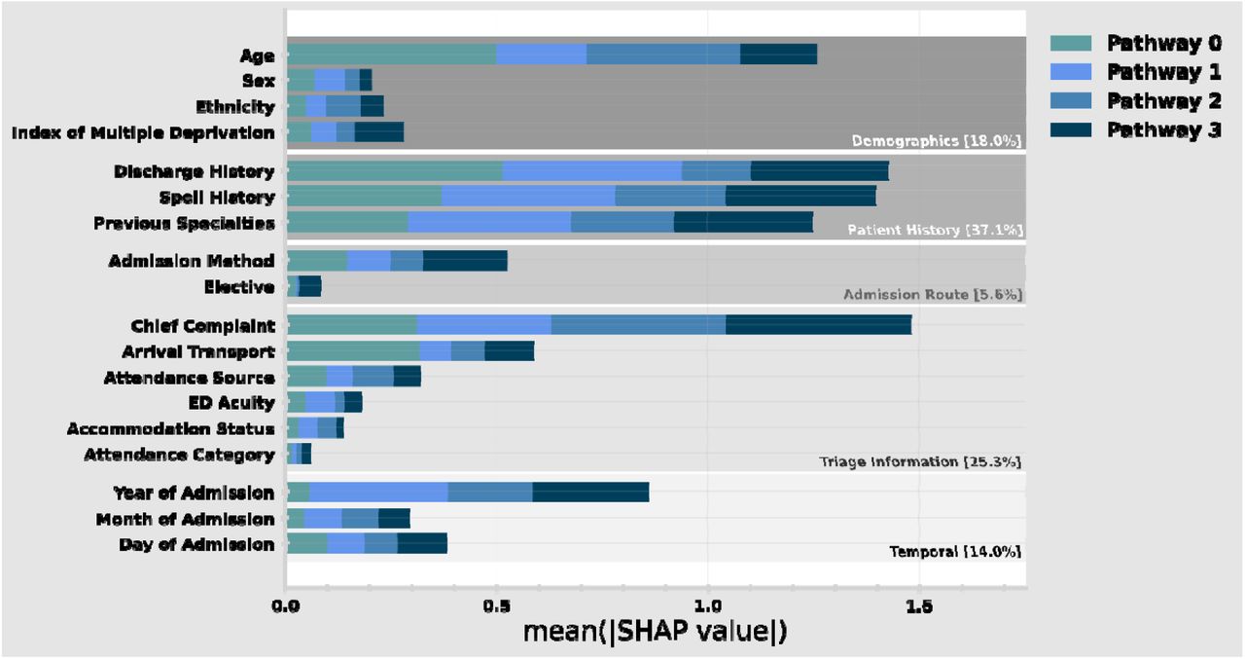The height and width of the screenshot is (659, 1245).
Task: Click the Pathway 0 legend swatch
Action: pyautogui.click(x=1071, y=43)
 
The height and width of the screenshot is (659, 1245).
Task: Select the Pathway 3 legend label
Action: pyautogui.click(x=1164, y=130)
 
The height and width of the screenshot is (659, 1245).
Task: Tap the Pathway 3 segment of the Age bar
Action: pyautogui.click(x=779, y=55)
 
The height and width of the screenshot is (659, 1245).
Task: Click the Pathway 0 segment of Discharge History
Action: pyautogui.click(x=395, y=170)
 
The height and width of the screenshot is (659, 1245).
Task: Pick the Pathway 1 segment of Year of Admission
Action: pyautogui.click(x=378, y=493)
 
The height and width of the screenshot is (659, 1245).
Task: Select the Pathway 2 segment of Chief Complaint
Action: pyautogui.click(x=639, y=325)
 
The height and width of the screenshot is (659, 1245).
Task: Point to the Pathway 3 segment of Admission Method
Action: pyautogui.click(x=465, y=261)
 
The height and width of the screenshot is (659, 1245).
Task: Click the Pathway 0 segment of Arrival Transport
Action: pyautogui.click(x=353, y=350)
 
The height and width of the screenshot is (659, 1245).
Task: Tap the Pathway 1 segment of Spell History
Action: pyautogui.click(x=528, y=197)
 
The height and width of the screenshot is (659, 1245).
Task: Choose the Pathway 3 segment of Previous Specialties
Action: pyautogui.click(x=744, y=222)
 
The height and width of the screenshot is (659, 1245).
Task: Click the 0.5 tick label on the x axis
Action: pyautogui.click(x=496, y=606)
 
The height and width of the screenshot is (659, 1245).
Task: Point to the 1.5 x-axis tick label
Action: pyautogui.click(x=919, y=606)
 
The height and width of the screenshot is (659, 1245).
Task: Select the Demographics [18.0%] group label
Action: pyautogui.click(x=937, y=141)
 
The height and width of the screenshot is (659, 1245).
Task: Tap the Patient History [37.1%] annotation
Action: pyautogui.click(x=935, y=230)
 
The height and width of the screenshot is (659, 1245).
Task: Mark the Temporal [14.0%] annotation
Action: pyautogui.click(x=955, y=551)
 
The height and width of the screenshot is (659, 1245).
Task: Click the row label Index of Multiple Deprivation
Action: pyautogui.click(x=143, y=133)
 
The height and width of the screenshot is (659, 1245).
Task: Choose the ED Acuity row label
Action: pyautogui.click(x=231, y=403)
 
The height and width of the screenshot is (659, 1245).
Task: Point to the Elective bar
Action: pyautogui.click(x=304, y=286)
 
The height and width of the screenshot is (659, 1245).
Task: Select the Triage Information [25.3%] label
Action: pyautogui.click(x=920, y=461)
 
